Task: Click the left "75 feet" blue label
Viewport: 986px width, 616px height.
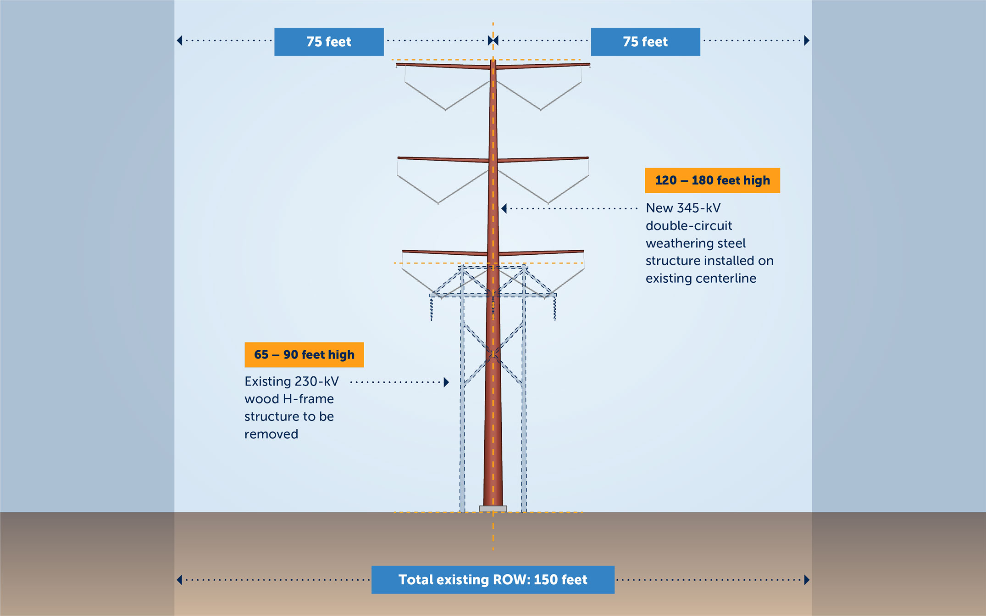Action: click(329, 42)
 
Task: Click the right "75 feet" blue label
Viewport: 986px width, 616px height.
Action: click(645, 42)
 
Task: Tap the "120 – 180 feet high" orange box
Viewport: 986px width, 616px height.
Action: click(712, 180)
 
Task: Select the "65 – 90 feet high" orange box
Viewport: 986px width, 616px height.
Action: click(304, 355)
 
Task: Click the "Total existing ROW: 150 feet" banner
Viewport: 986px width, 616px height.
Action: click(493, 580)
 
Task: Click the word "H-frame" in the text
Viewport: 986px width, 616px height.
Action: click(308, 399)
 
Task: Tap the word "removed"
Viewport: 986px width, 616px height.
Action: click(271, 434)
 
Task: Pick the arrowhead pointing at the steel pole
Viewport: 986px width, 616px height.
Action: click(504, 209)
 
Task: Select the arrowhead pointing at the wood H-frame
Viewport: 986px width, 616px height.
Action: click(446, 382)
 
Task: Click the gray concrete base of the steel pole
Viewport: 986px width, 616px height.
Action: click(493, 509)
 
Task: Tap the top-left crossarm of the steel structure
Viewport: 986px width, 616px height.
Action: click(443, 66)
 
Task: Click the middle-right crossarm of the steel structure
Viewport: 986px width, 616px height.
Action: click(543, 159)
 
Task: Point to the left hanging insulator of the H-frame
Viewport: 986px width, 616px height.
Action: click(432, 308)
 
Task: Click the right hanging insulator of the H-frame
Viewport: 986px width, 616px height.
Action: click(554, 308)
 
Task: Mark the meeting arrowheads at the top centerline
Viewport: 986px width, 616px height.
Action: click(493, 41)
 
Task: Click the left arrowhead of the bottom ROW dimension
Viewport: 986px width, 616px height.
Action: click(179, 580)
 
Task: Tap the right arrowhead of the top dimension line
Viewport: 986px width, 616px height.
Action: click(807, 41)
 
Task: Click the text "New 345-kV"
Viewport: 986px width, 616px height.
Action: click(683, 208)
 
